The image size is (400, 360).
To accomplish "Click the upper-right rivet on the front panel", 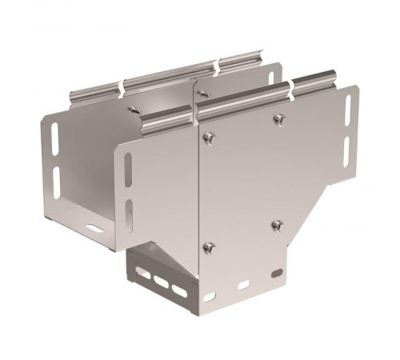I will pyautogui.click(x=278, y=119).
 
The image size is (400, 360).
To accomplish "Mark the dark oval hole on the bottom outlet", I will pyautogui.click(x=277, y=274).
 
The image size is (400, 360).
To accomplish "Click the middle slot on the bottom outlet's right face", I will pyautogui.click(x=243, y=285).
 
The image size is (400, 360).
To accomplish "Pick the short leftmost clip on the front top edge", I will pyautogui.click(x=167, y=120).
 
